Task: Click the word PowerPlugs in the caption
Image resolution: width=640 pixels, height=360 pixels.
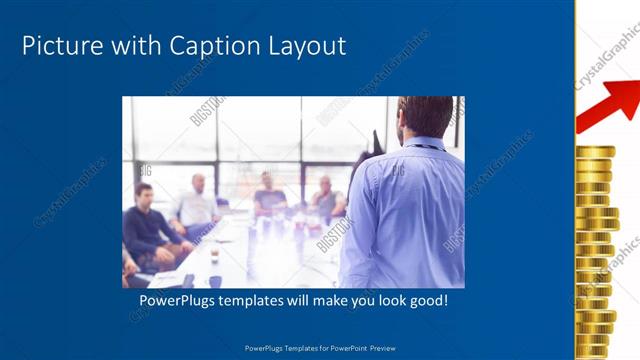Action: tap(176, 300)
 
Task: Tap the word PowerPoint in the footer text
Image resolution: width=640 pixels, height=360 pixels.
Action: tap(342, 348)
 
